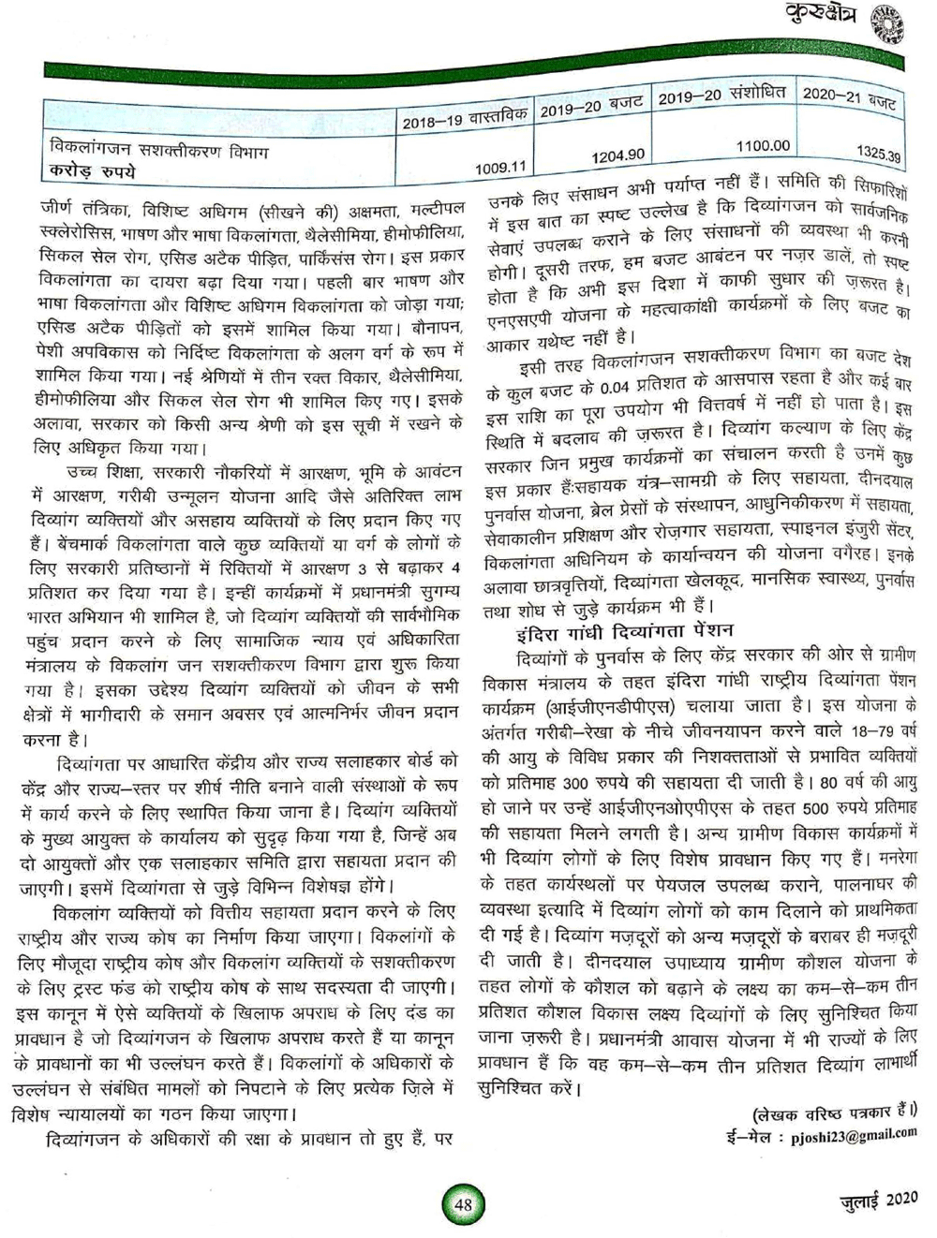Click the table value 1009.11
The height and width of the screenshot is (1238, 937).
pyautogui.click(x=500, y=168)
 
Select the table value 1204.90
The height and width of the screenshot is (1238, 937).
pyautogui.click(x=617, y=155)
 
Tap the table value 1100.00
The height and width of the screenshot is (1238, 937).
pyautogui.click(x=763, y=146)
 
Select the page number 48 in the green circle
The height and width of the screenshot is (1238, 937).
pyautogui.click(x=463, y=1204)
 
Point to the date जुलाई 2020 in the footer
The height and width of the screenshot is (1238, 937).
pyautogui.click(x=877, y=1199)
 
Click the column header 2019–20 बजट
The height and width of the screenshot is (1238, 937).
pyautogui.click(x=591, y=107)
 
